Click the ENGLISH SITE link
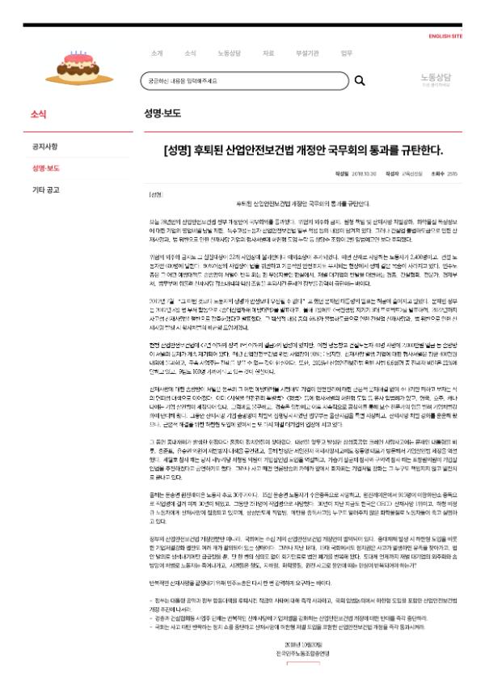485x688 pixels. (x=445, y=36)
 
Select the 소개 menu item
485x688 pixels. (x=157, y=53)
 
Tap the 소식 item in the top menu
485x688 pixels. (x=190, y=53)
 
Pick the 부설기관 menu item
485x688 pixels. (x=307, y=53)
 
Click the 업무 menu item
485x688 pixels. (x=346, y=53)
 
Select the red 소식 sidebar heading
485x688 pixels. (x=38, y=114)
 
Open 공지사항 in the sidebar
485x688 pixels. (x=44, y=147)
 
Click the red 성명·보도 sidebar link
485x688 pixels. (x=46, y=168)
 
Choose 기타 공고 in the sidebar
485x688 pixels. (x=46, y=190)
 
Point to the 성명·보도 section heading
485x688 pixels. (x=163, y=114)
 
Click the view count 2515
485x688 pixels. (x=452, y=173)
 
